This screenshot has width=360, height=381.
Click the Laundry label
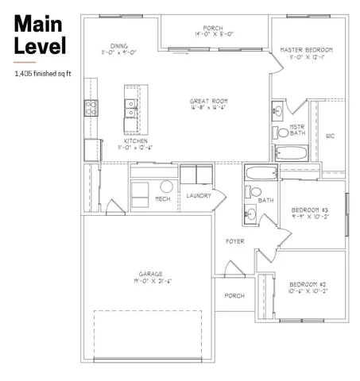[x=199, y=195]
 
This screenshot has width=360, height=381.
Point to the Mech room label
[x=162, y=198]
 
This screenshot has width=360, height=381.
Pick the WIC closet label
[x=331, y=137]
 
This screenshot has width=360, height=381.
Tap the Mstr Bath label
[x=297, y=129]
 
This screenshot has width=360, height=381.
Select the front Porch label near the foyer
[x=234, y=296]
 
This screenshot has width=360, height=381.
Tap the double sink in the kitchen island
[x=130, y=109]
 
